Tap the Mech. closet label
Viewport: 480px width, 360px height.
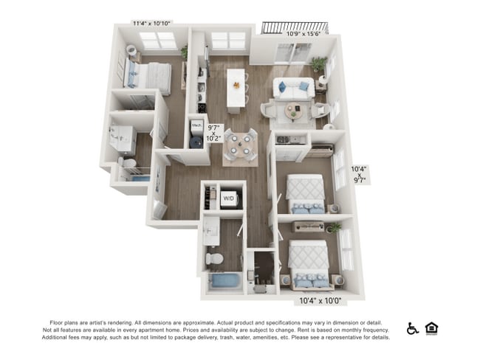click(x=196, y=126)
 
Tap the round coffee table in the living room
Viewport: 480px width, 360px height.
click(x=294, y=113)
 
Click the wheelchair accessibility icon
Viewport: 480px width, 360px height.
click(x=413, y=328)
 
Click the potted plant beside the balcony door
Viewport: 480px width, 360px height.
click(x=319, y=63)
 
